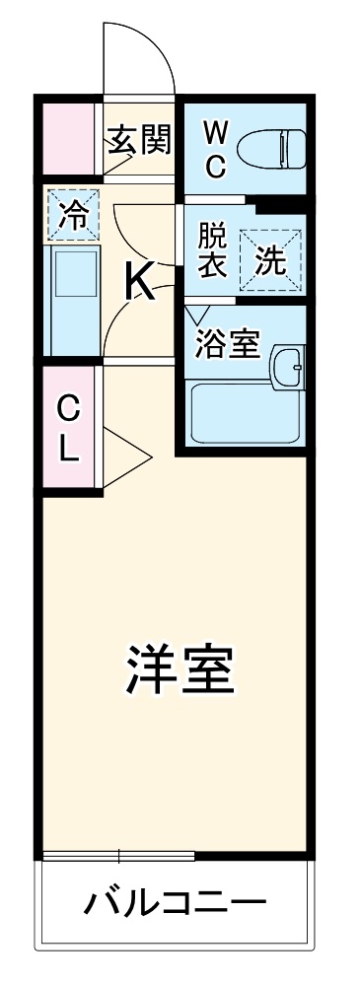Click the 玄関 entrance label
139,140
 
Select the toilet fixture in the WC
270,148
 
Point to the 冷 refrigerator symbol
74,215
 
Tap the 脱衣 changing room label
212,251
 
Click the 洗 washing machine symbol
270,259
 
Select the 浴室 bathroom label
227,344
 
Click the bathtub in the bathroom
243,413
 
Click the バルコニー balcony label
175,902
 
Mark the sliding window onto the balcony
117,854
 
